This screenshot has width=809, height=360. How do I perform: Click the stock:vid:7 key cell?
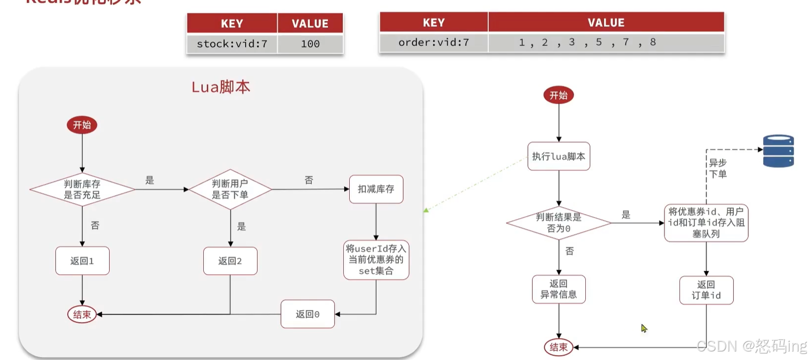click(232, 44)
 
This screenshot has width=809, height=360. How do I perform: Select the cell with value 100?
click(310, 44)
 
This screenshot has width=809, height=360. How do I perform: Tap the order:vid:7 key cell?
click(433, 42)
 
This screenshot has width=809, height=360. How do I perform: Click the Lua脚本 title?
click(221, 87)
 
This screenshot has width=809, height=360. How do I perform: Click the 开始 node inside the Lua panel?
click(82, 125)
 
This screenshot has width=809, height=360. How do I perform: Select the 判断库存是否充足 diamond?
click(82, 189)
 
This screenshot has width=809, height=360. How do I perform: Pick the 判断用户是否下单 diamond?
click(230, 189)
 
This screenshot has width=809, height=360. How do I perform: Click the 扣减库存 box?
click(376, 189)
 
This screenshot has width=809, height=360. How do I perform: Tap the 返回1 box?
click(82, 261)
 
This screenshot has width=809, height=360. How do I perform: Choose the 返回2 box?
click(230, 261)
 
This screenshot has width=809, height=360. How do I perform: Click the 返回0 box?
click(307, 314)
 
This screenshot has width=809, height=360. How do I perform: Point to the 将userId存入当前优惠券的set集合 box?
click(376, 259)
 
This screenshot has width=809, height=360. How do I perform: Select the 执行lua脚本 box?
click(558, 156)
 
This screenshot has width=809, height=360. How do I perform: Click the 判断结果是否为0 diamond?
click(558, 223)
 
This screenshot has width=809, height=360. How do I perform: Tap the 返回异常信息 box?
click(558, 289)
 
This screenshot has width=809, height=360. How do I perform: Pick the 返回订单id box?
click(706, 290)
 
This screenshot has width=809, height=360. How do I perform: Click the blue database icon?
click(778, 150)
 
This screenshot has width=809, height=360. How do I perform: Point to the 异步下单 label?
click(718, 168)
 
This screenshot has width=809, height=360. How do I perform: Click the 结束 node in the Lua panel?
click(82, 314)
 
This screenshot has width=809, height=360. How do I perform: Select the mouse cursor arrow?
click(644, 328)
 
